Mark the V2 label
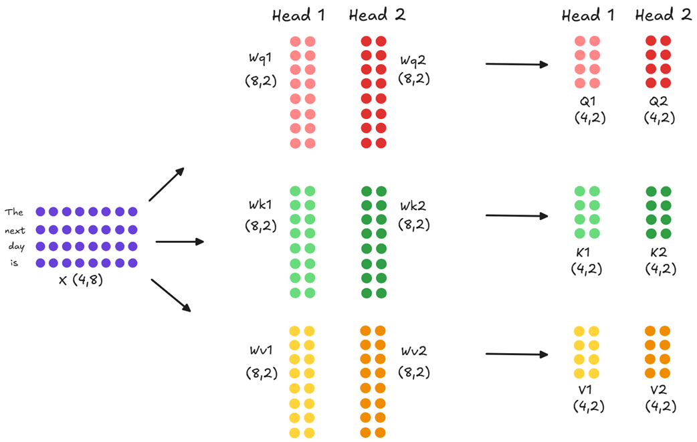pos(659,389)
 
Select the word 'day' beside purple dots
pos(16,247)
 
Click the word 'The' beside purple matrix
pos(14,213)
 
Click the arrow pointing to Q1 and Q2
pos(516,65)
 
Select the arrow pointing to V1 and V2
pos(516,354)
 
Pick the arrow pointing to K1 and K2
pos(516,216)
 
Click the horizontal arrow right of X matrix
pos(179,241)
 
